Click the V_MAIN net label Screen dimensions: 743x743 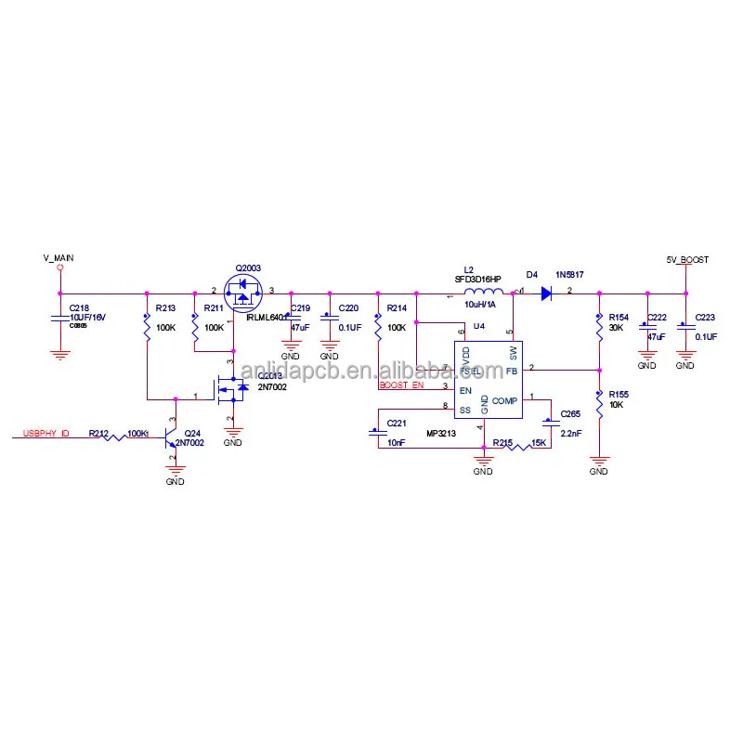(x=58, y=256)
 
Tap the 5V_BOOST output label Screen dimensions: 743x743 (x=686, y=259)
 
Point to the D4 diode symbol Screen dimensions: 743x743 (x=547, y=293)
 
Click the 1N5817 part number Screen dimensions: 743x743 (x=569, y=275)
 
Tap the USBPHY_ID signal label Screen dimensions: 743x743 (x=46, y=433)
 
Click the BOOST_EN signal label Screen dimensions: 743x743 (x=400, y=385)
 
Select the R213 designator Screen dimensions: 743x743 (x=165, y=307)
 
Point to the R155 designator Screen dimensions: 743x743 (x=618, y=395)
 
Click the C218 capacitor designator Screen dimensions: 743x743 (x=80, y=307)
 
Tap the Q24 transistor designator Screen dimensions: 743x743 (x=192, y=433)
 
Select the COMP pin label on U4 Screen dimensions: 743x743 (x=504, y=401)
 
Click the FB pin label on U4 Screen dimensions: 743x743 (x=512, y=371)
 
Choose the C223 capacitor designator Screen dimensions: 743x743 (x=706, y=318)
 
